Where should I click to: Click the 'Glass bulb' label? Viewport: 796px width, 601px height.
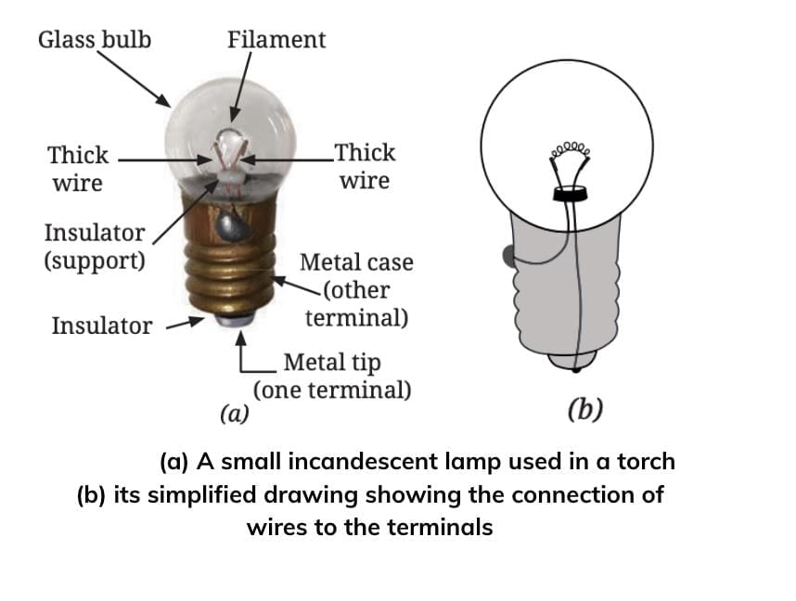94,40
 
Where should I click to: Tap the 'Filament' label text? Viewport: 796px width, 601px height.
276,40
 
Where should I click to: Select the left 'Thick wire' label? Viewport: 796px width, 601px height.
78,168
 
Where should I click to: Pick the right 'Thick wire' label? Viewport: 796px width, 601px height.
365,166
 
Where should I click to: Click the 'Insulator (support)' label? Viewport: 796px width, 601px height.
95,246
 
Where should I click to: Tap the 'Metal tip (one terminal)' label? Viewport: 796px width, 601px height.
332,375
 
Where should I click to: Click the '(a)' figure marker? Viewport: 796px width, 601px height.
234,412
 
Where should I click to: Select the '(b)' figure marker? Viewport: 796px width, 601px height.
584,408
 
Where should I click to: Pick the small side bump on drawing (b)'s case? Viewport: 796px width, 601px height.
506,254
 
